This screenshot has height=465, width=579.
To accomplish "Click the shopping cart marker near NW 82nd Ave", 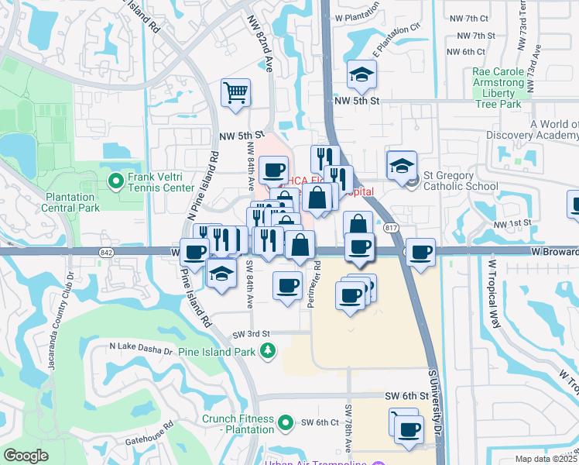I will pyautogui.click(x=235, y=93).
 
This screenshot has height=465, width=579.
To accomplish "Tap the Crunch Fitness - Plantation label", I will pyautogui.click(x=238, y=424).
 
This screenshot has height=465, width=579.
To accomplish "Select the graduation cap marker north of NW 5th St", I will pyautogui.click(x=361, y=75).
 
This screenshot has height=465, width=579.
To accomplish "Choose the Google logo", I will pyautogui.click(x=26, y=456).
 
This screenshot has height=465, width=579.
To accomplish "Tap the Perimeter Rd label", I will pyautogui.click(x=317, y=284).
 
